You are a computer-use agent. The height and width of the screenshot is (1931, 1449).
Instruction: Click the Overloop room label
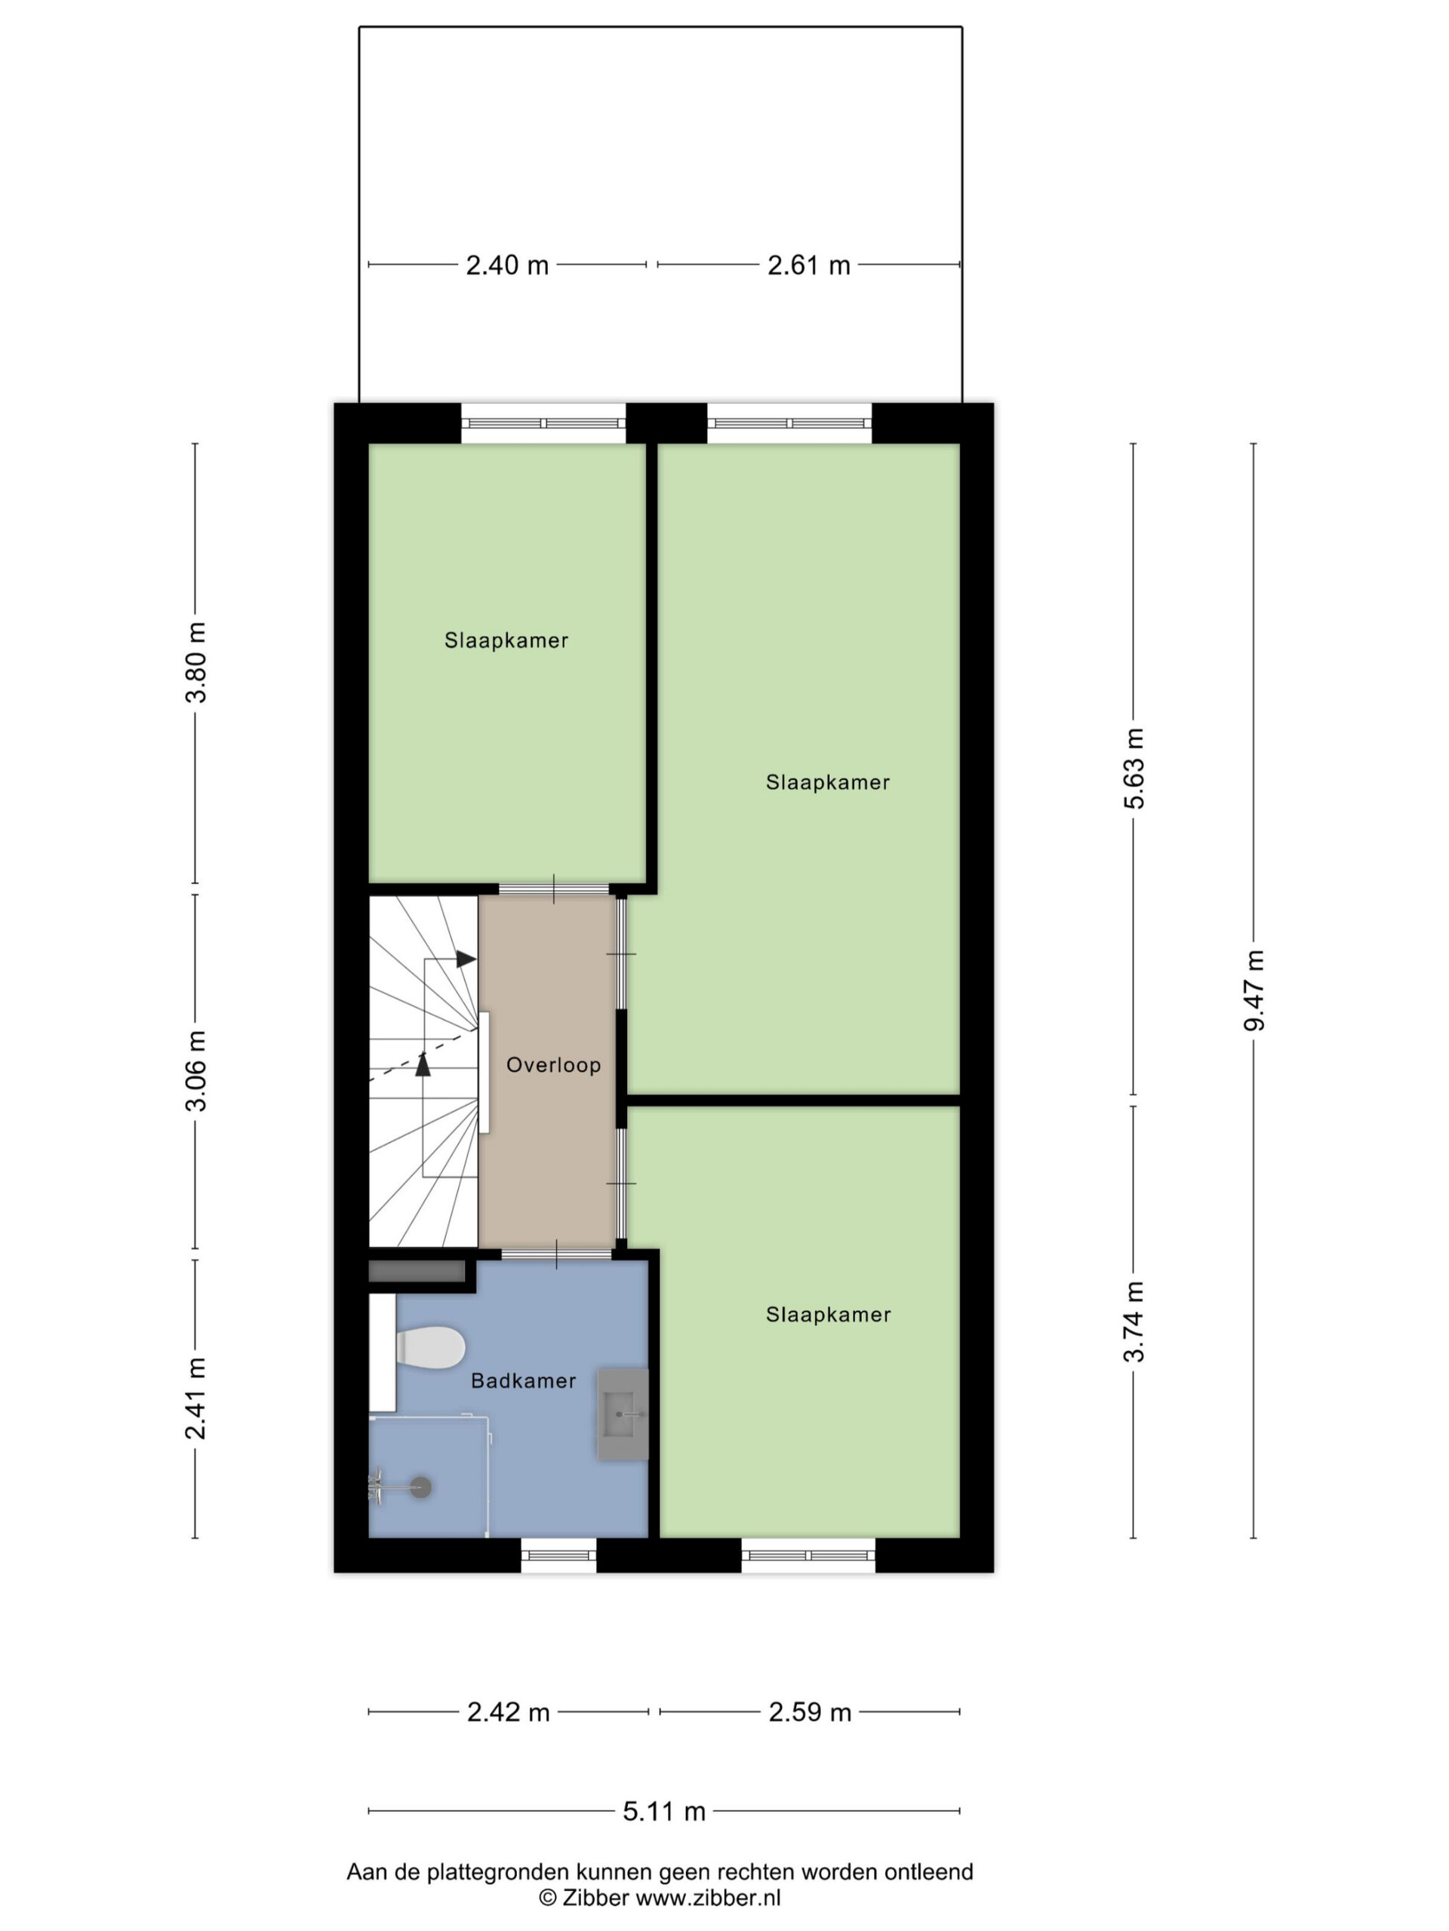pyautogui.click(x=553, y=1065)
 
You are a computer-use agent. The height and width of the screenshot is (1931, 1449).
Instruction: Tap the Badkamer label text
pyautogui.click(x=523, y=1380)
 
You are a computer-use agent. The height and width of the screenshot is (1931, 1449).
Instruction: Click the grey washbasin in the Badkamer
pyautogui.click(x=623, y=1414)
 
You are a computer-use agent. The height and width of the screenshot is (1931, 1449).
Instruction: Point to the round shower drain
pyautogui.click(x=421, y=1487)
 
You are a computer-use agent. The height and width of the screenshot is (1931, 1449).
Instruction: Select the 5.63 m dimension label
pyautogui.click(x=1133, y=768)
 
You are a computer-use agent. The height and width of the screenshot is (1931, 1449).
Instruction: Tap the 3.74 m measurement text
pyautogui.click(x=1133, y=1322)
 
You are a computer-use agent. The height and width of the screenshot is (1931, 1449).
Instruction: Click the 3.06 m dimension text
pyautogui.click(x=195, y=1070)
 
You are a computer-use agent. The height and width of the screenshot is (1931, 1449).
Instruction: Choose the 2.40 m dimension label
pyautogui.click(x=506, y=265)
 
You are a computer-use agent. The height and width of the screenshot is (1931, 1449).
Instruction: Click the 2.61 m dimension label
pyautogui.click(x=809, y=265)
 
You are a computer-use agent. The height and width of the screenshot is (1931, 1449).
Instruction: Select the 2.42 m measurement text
pyautogui.click(x=509, y=1712)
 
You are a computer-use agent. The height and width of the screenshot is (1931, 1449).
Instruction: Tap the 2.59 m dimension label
pyautogui.click(x=810, y=1712)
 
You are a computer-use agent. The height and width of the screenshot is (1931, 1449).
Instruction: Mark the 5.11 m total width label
pyautogui.click(x=664, y=1811)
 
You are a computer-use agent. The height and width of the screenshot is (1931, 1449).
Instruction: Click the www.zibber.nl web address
pyautogui.click(x=707, y=1897)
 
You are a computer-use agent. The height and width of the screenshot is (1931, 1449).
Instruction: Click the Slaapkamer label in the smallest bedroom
pyautogui.click(x=506, y=640)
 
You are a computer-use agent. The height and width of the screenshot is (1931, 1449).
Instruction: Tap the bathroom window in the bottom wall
pyautogui.click(x=559, y=1555)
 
